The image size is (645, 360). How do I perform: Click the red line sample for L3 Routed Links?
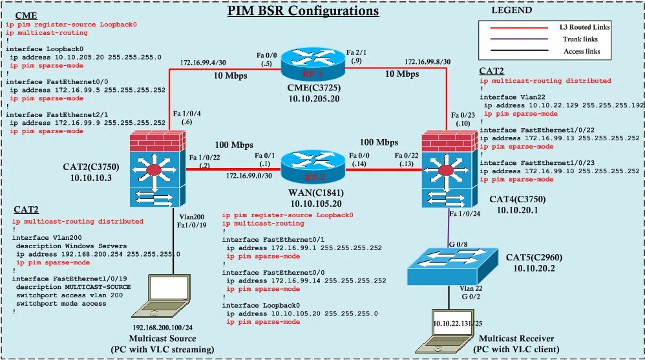click(x=518, y=27)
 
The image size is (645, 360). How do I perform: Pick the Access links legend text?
click(x=582, y=51)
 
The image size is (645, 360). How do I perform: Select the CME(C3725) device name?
click(x=306, y=87)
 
